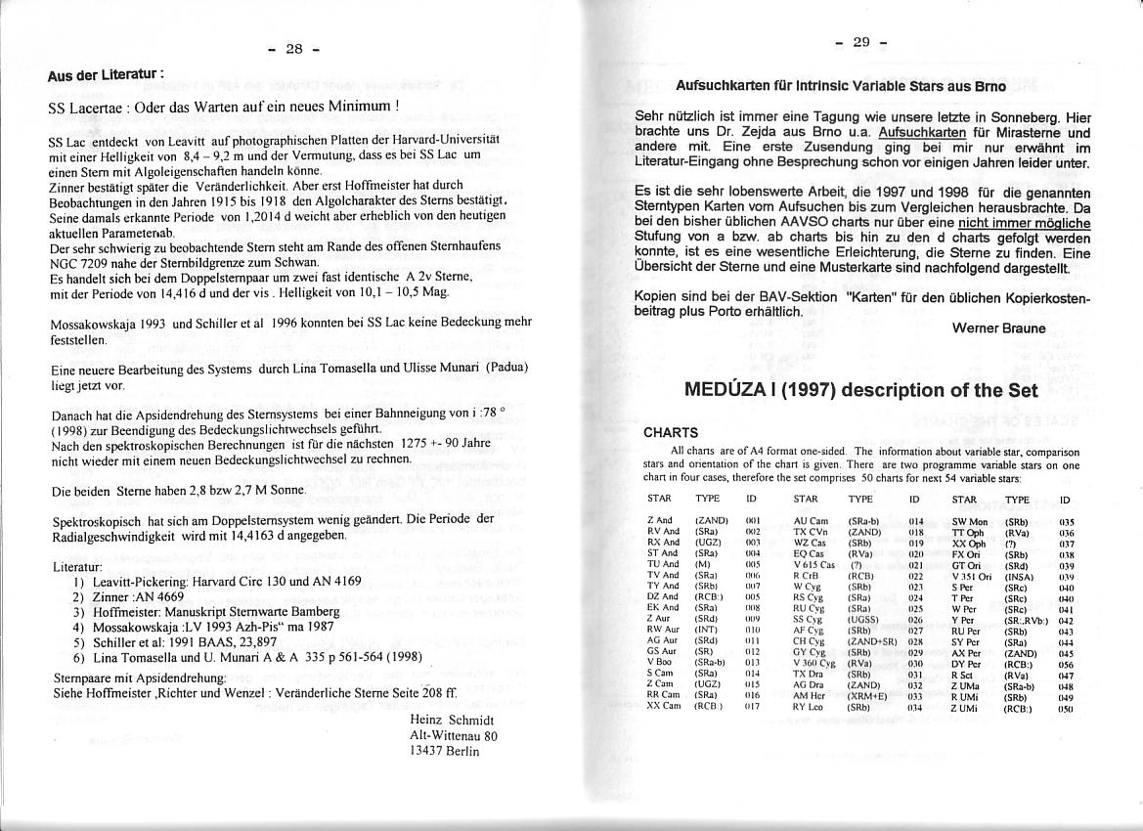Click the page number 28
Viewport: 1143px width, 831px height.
(294, 49)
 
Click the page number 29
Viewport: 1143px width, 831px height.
(861, 42)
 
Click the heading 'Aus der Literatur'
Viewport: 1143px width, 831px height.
(105, 74)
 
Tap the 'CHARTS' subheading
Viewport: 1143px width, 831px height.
(671, 432)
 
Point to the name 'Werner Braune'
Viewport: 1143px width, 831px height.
(998, 328)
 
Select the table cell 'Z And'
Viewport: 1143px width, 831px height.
(660, 521)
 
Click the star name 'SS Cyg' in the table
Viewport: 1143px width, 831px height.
(807, 620)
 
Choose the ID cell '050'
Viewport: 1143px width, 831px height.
(1066, 707)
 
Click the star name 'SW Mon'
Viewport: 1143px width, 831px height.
(970, 522)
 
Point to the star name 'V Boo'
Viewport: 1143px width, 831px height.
(660, 663)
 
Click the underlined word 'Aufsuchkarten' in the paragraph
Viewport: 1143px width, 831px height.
(924, 132)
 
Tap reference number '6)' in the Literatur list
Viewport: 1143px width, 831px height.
(78, 657)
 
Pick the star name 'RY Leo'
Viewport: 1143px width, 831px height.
(808, 707)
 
